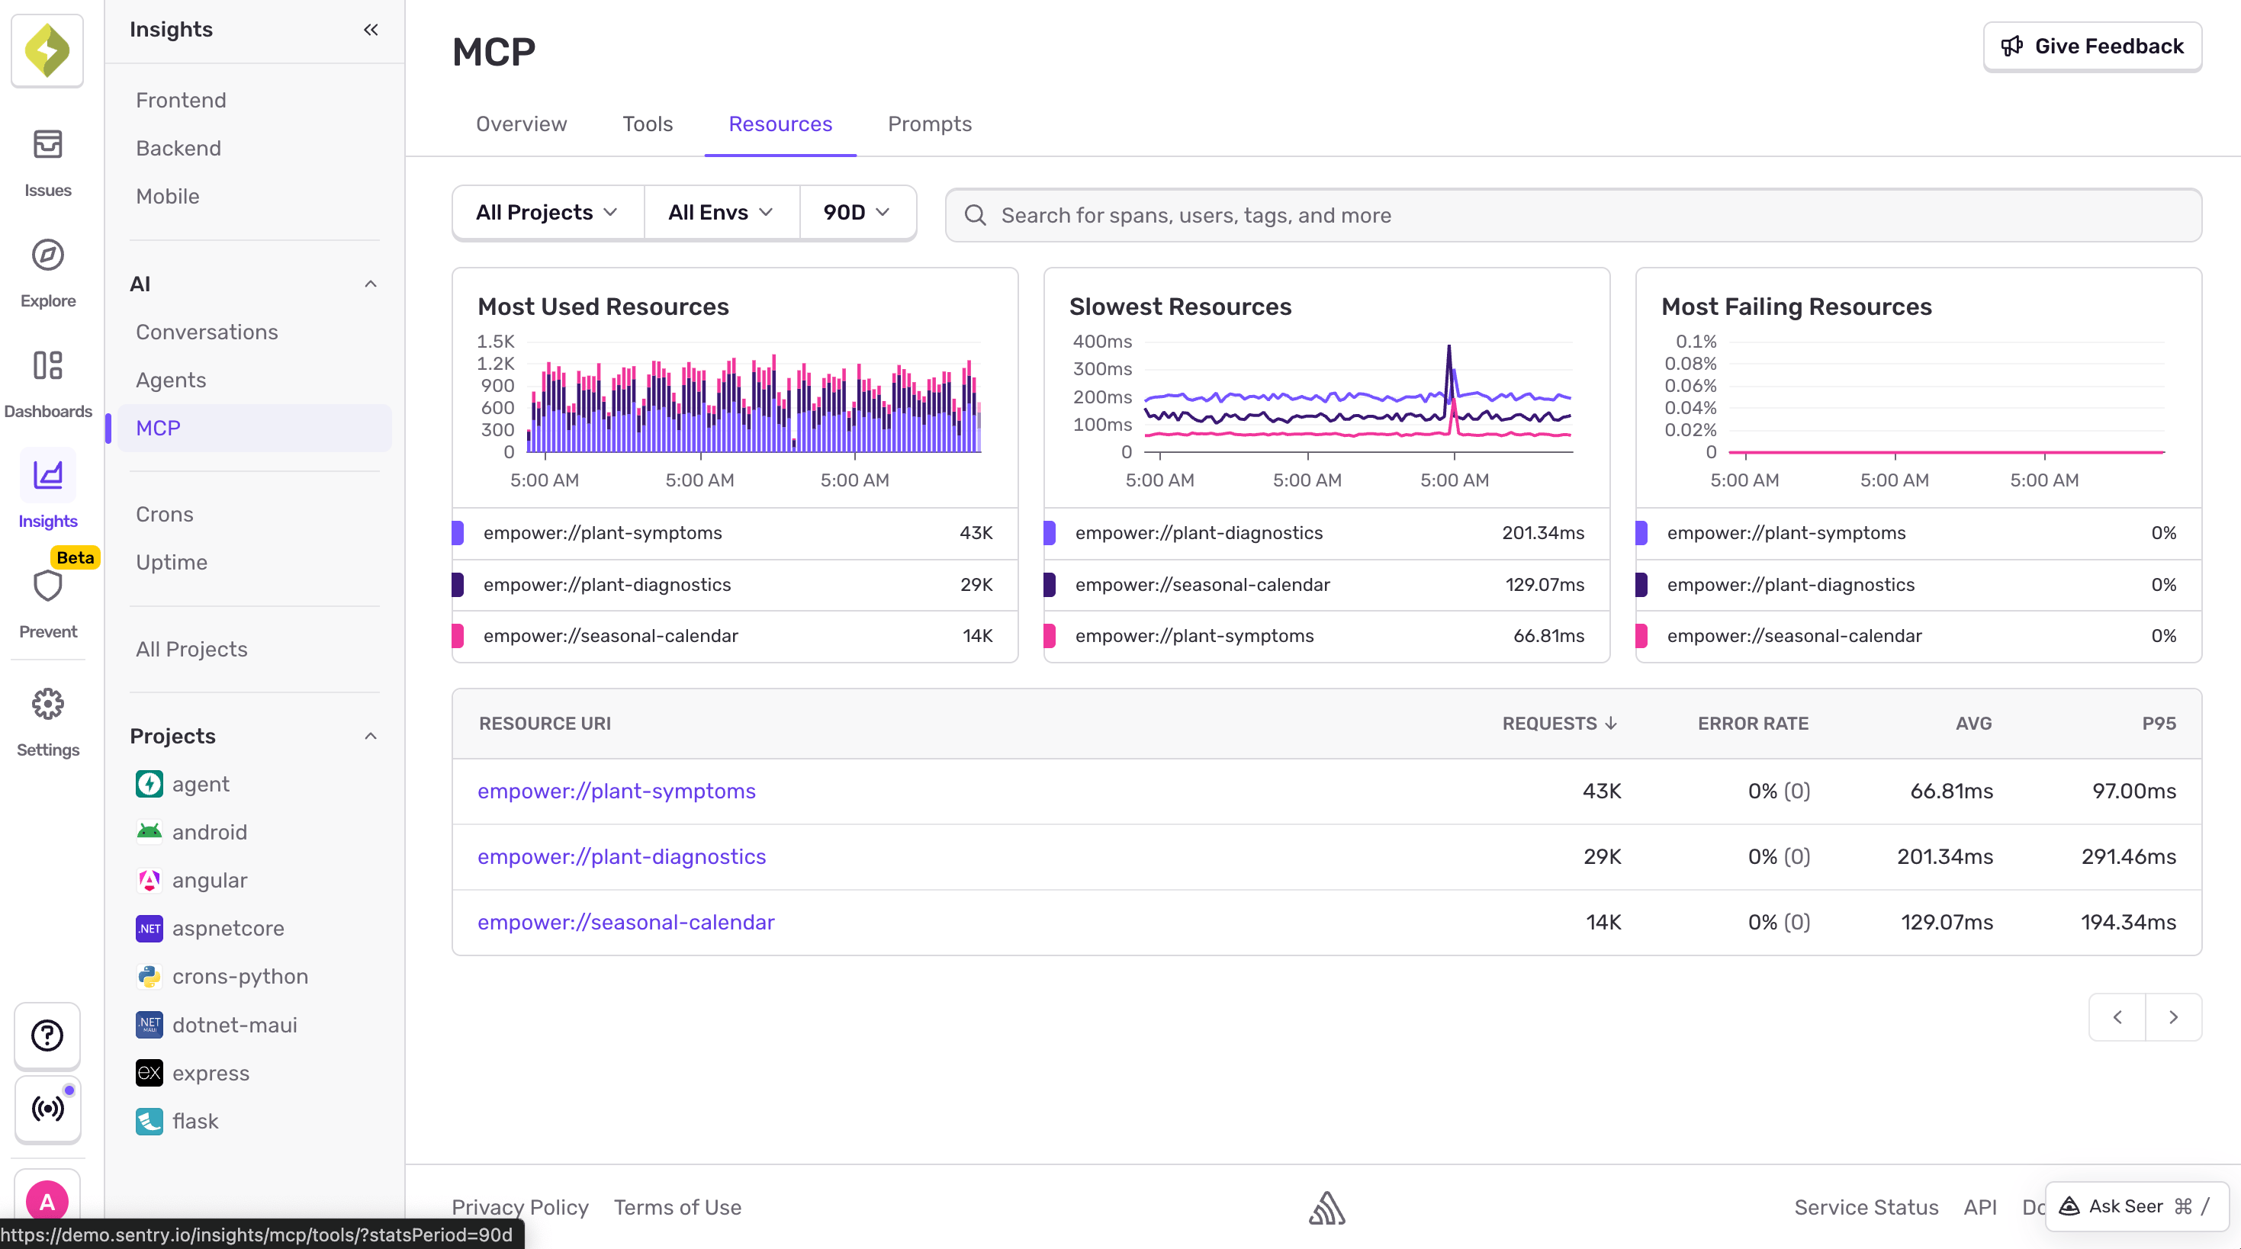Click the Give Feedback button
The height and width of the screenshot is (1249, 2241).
tap(2091, 46)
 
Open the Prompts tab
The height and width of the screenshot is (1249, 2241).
tap(929, 124)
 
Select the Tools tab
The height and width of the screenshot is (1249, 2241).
tap(648, 124)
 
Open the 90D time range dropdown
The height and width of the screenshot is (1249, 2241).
tap(856, 212)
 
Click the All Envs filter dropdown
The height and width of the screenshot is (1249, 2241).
tap(720, 212)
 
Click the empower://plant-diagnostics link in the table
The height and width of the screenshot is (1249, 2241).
tap(621, 857)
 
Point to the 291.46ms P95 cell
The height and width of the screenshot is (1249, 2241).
tap(2128, 857)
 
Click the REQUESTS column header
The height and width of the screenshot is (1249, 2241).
tap(1558, 724)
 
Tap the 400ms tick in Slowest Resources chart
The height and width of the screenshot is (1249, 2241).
tap(1101, 342)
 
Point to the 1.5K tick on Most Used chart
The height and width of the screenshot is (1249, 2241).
tap(495, 342)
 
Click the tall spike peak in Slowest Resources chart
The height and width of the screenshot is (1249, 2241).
tap(1448, 348)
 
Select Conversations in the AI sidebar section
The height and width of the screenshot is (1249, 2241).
tap(206, 332)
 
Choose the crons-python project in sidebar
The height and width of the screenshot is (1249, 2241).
tap(240, 977)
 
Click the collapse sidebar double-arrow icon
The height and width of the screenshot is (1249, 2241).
tap(371, 30)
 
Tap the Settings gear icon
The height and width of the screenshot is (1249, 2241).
tap(48, 705)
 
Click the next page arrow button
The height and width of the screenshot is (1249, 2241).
tap(2172, 1016)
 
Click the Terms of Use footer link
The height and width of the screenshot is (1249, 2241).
tap(677, 1207)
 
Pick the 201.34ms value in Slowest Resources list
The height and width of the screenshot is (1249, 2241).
tap(1542, 533)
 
